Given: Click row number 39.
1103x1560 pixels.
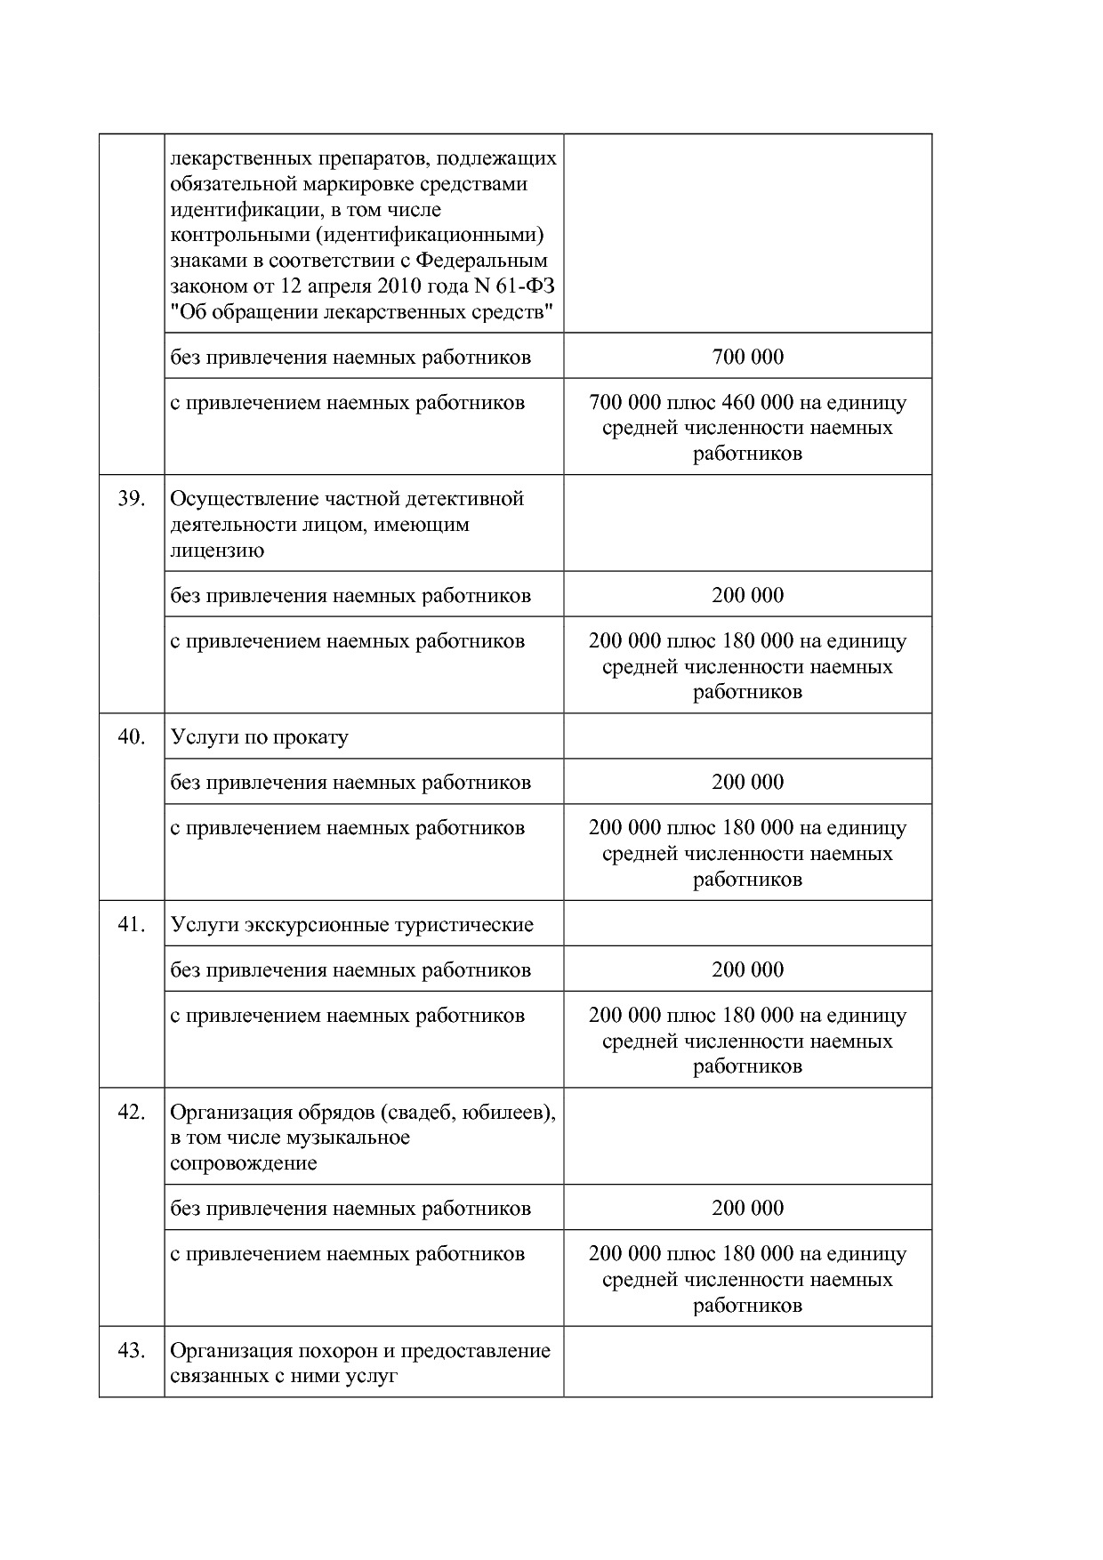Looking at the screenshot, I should [131, 499].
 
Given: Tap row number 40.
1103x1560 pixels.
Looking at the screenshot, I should [131, 737].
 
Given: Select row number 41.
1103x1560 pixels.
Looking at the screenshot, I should [131, 925].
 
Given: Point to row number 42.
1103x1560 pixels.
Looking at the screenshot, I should [131, 1113].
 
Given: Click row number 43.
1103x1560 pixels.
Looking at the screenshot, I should [131, 1351].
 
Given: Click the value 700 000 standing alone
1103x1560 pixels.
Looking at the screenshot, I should [747, 357].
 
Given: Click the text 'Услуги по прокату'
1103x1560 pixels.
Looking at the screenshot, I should [259, 737].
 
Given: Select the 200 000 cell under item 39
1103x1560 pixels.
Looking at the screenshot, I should [747, 595].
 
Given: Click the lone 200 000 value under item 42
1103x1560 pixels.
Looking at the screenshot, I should [747, 1208].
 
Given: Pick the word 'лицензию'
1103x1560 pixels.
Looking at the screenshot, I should [216, 551].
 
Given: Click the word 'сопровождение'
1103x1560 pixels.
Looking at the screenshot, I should [243, 1163].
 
